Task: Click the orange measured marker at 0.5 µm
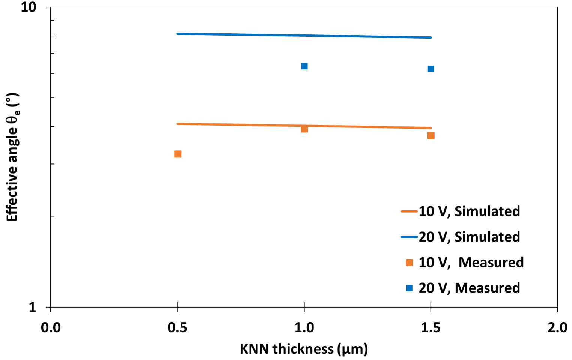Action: point(178,154)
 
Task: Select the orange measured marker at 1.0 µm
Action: point(304,129)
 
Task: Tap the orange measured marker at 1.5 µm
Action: point(431,136)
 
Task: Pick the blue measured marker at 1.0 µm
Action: point(304,66)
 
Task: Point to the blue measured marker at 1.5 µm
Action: point(431,69)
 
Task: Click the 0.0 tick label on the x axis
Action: point(51,328)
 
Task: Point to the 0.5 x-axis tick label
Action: point(178,328)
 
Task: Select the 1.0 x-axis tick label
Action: point(304,328)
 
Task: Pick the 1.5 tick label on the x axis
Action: point(431,328)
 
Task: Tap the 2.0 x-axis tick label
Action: point(557,328)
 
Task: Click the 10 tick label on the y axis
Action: point(28,7)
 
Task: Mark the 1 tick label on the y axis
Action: point(33,307)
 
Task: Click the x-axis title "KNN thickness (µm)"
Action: point(304,349)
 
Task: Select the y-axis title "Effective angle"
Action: point(12,157)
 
